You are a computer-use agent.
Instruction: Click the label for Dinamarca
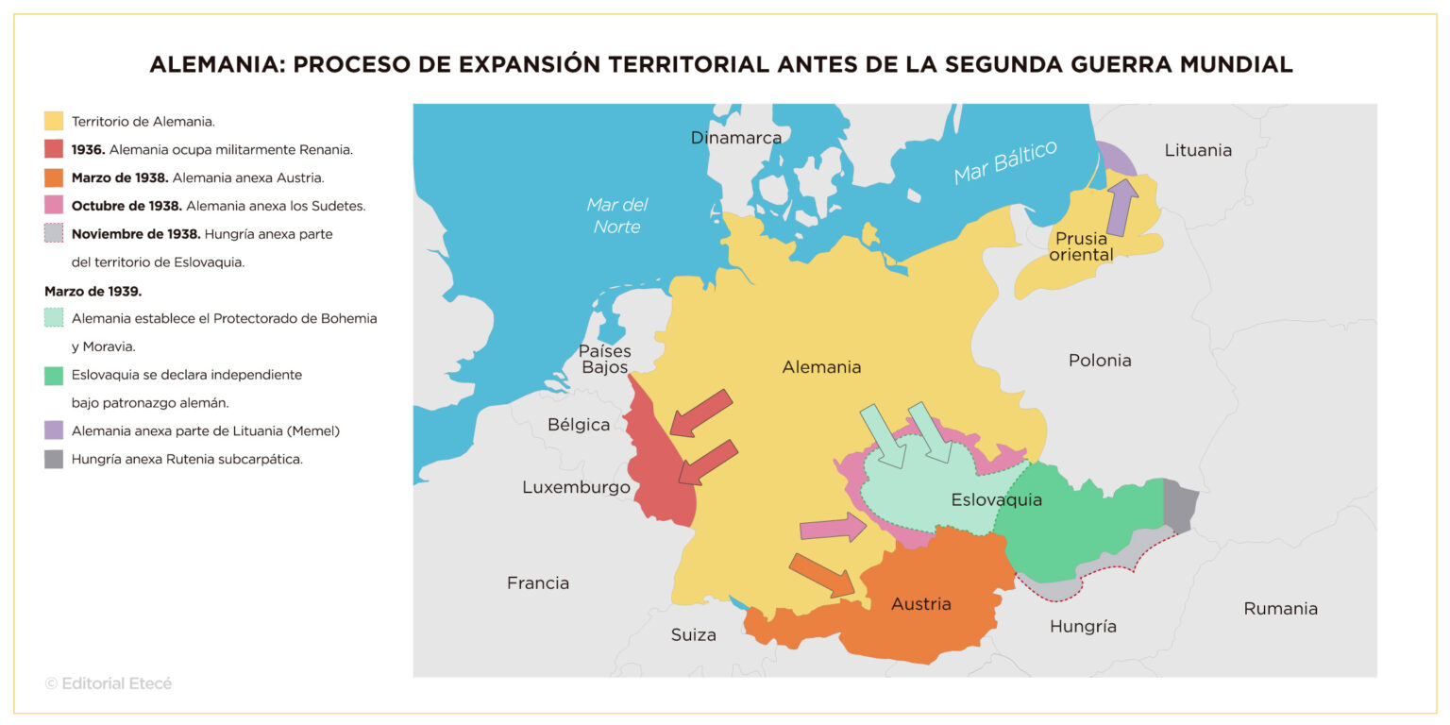point(736,138)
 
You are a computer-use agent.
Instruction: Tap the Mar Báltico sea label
point(1004,163)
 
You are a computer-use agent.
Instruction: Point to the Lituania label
point(1198,150)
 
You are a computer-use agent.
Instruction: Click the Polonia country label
point(1100,360)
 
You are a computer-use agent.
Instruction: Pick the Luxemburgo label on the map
point(576,487)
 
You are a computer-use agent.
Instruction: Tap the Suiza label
point(693,634)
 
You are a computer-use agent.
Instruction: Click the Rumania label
point(1280,608)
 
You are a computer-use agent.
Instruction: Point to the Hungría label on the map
point(1083,626)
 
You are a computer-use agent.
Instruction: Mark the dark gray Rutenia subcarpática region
point(1180,505)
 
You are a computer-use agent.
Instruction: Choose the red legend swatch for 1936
point(54,149)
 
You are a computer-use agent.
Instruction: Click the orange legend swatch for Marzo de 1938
point(54,177)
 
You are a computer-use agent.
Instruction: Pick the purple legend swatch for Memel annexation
point(54,430)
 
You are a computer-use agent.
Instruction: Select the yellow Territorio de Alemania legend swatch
point(54,121)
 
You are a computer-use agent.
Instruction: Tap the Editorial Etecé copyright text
point(109,683)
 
